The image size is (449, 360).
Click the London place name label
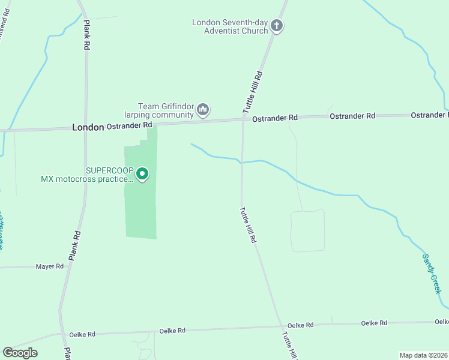(x=88, y=127)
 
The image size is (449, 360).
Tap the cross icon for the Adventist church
(x=277, y=26)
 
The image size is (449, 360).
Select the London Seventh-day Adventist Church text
(x=230, y=26)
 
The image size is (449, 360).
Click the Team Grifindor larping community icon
(x=203, y=110)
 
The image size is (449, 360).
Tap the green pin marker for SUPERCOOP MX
(x=142, y=174)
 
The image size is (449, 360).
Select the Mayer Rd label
(x=49, y=266)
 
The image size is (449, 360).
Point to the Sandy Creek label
(x=431, y=273)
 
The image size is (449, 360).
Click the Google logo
(x=20, y=353)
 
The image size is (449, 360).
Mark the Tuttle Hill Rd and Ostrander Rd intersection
(x=243, y=119)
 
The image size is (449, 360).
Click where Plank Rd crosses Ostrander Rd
(x=85, y=127)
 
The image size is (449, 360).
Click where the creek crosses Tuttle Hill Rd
(x=242, y=162)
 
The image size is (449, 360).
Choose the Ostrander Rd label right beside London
(x=129, y=125)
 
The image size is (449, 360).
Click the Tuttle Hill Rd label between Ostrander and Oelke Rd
(x=248, y=224)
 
